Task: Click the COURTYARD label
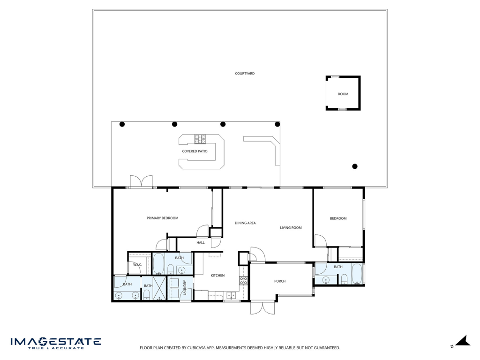point(245,74)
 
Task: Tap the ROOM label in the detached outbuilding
point(343,94)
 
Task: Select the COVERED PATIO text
point(195,151)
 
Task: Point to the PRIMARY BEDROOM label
point(162,218)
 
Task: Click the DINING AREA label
point(245,223)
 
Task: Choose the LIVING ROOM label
point(291,228)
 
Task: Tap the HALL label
point(201,243)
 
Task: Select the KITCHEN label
point(217,276)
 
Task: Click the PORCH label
point(280,281)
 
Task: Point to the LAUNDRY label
point(185,288)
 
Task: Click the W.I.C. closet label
point(137,264)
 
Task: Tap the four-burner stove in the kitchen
point(243,281)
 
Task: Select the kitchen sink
point(231,295)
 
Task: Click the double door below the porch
point(262,307)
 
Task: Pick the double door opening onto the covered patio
point(141,181)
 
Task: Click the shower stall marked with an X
point(159,288)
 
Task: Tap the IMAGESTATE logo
point(56,343)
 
